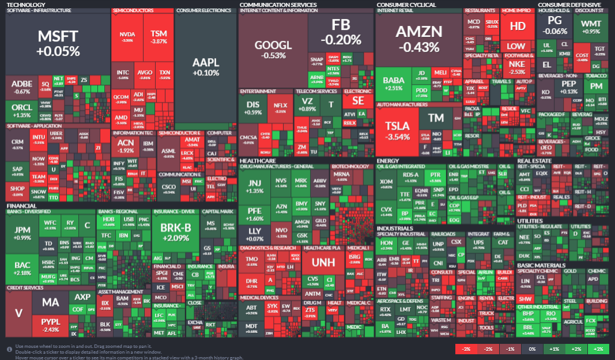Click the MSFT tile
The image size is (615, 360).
click(58, 44)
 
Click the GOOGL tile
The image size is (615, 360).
click(273, 50)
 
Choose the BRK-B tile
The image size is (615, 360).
click(175, 232)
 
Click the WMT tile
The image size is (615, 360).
click(591, 26)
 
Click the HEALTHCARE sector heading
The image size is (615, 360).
click(258, 161)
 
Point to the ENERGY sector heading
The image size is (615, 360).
click(388, 161)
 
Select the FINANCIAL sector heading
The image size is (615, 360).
click(21, 206)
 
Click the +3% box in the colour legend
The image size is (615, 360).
click(599, 350)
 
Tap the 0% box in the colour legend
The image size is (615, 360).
click(532, 350)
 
